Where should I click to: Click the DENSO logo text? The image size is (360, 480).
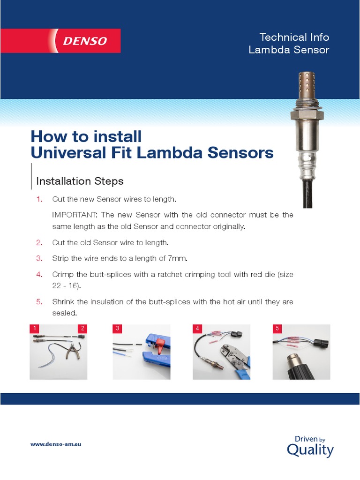[85, 41]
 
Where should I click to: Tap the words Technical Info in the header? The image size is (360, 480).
[294, 37]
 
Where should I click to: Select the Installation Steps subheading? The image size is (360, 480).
[80, 181]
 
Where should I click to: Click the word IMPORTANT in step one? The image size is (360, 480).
[75, 215]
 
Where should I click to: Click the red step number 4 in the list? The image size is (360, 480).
[39, 274]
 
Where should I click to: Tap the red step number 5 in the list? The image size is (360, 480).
[39, 302]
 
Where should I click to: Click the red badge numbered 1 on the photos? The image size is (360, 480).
[35, 329]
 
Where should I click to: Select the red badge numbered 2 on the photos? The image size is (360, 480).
[82, 329]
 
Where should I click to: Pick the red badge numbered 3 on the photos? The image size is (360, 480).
[118, 329]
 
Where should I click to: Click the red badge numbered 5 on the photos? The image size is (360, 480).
[277, 329]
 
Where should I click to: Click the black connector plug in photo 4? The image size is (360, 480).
[236, 335]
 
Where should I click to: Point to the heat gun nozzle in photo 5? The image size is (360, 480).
[294, 358]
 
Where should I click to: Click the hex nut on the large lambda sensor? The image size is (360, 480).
[307, 115]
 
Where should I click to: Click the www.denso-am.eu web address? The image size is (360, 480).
[56, 444]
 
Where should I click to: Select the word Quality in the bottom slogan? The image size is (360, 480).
[310, 450]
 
